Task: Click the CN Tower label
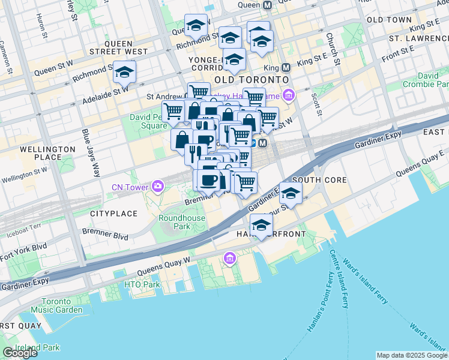point(130,187)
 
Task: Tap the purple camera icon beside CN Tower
point(157,186)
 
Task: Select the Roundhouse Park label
point(174,222)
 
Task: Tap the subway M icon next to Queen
point(267,5)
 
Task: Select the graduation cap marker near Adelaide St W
point(124,72)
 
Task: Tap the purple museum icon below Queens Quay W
point(229,259)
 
